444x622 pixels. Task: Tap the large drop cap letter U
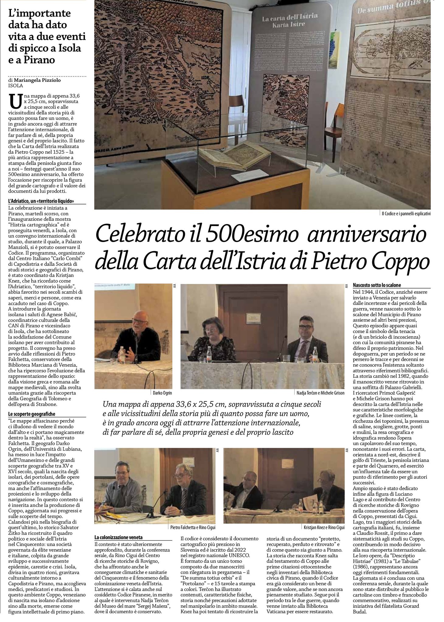[x=15, y=101]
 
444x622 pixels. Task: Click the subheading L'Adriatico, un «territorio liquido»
[x=41, y=201]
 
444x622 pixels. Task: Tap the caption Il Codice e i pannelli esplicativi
[x=406, y=214]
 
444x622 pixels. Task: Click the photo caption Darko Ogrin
[x=162, y=393]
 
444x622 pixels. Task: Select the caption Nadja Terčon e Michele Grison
[x=320, y=393]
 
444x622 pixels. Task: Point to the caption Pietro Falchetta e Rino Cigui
[x=193, y=528]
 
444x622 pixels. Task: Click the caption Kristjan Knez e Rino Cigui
[x=324, y=528]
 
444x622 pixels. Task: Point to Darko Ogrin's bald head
[x=140, y=316]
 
